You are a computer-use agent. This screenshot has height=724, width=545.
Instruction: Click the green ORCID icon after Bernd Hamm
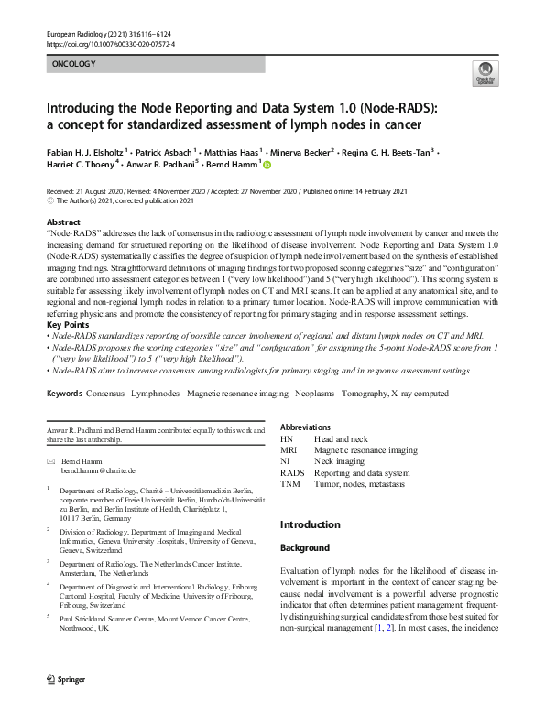coord(268,165)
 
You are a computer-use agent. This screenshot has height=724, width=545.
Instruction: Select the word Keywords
coord(65,418)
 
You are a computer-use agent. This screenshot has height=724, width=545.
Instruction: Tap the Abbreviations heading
coord(311,427)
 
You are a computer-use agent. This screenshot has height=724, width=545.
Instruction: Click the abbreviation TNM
coord(290,483)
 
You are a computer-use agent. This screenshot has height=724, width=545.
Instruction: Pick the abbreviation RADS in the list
coord(292,472)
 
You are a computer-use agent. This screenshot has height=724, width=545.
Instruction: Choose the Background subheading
coord(304,548)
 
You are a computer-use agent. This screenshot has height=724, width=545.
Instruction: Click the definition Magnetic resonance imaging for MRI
coord(365,450)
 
